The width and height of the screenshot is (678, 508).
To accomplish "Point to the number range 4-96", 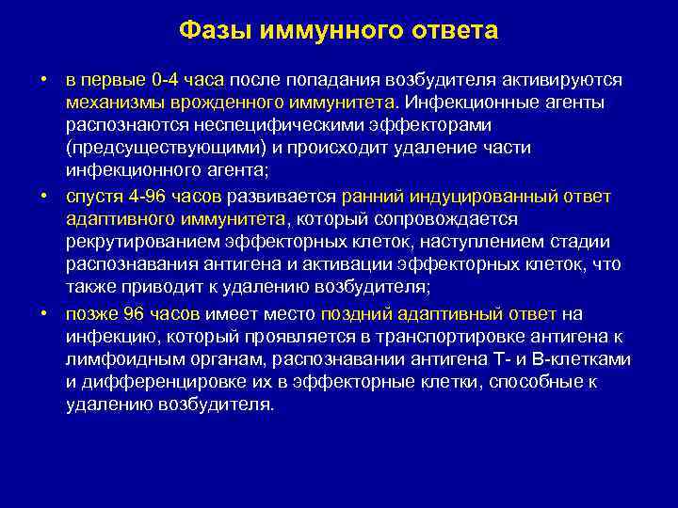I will (136, 197).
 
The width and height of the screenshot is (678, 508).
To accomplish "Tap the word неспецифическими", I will (274, 125).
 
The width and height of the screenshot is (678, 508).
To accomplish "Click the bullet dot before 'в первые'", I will (44, 80).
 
